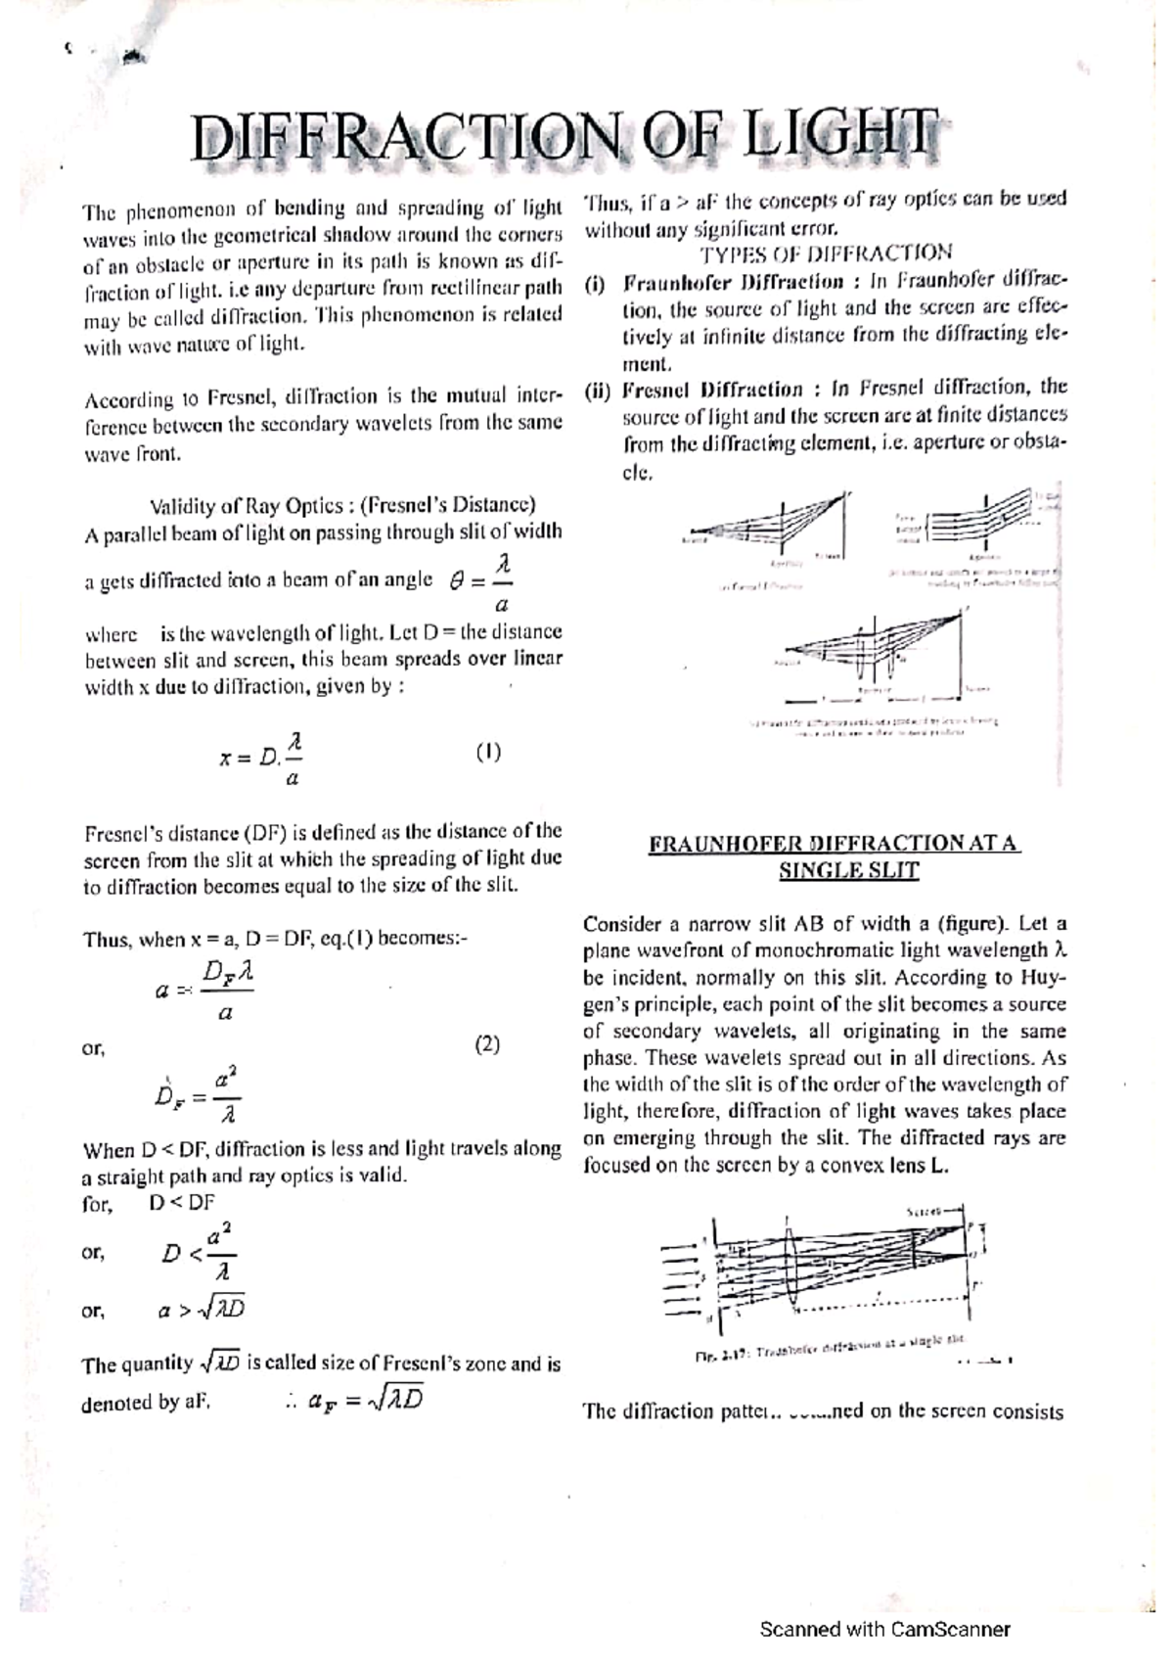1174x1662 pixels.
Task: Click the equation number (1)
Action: [x=488, y=753]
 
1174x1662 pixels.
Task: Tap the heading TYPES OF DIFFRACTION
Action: [x=825, y=254]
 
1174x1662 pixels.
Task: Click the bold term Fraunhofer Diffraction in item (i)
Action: [x=734, y=282]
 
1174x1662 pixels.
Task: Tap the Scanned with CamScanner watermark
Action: [x=884, y=1630]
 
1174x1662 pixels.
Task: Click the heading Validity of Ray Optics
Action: [x=342, y=506]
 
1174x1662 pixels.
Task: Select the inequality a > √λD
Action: [x=201, y=1310]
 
